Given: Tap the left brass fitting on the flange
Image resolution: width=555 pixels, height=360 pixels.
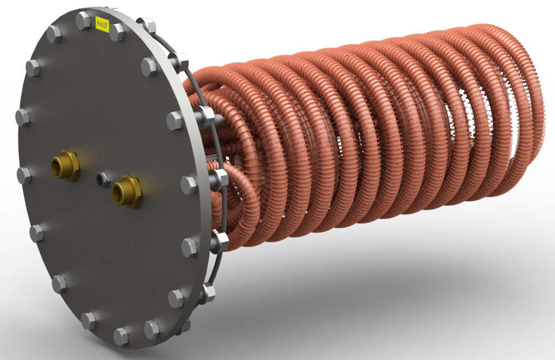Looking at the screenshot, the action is (65, 165).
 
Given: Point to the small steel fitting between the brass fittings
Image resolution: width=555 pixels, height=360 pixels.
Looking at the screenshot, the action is (101, 179).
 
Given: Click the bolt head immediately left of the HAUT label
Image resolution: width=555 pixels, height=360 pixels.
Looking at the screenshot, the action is (83, 20).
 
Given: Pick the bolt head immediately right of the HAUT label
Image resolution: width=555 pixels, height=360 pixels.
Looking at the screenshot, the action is (117, 32).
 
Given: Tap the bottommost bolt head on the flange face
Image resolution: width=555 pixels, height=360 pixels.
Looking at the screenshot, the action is (120, 336).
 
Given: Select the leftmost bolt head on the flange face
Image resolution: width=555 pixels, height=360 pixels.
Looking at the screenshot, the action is (22, 117).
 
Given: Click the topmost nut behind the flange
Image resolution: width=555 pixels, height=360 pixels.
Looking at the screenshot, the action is (148, 25).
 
